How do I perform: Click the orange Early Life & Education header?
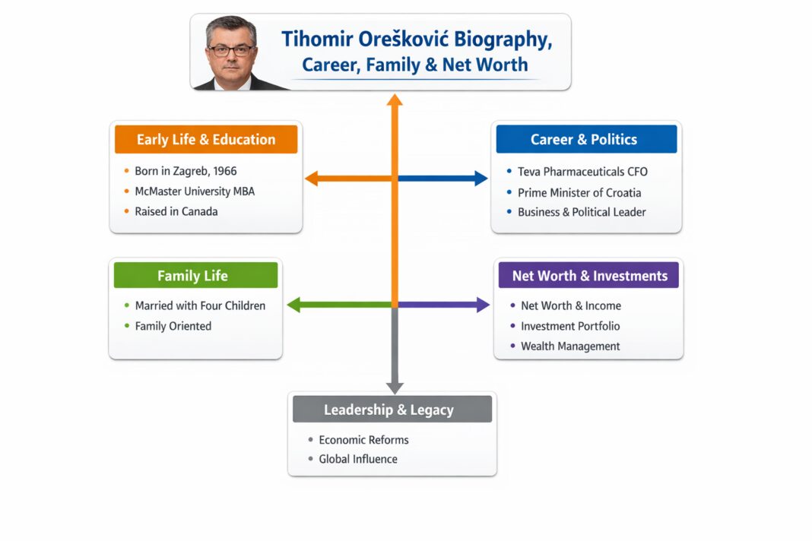[206, 140]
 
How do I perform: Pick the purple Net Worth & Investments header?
[589, 276]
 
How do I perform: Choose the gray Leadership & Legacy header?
[389, 410]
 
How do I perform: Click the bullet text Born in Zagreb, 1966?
[186, 171]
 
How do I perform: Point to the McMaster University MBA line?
[195, 191]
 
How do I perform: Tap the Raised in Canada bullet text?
[176, 212]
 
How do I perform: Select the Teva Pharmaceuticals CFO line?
[582, 172]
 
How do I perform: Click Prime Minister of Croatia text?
[579, 192]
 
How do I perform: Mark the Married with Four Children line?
[200, 305]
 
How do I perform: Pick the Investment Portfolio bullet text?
[570, 326]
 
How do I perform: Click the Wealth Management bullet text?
[570, 346]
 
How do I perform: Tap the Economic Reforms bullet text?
[363, 440]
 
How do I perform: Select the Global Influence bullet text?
[358, 459]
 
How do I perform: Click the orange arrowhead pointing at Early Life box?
[311, 179]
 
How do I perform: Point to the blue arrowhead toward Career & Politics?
[481, 179]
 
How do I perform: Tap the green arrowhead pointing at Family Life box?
[293, 305]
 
